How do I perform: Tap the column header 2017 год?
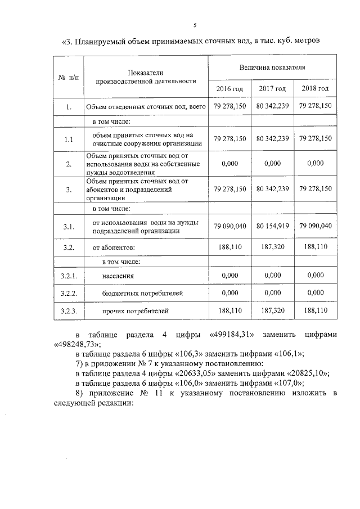[273, 89]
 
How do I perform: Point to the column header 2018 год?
[316, 89]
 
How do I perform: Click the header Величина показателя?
[272, 66]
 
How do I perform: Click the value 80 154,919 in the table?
[273, 226]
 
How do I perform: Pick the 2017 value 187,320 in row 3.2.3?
[273, 310]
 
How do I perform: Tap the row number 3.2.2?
[68, 293]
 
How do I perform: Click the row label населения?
[118, 276]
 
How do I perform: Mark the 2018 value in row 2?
[316, 163]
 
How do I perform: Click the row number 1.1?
[68, 139]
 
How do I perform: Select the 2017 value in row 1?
[273, 106]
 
